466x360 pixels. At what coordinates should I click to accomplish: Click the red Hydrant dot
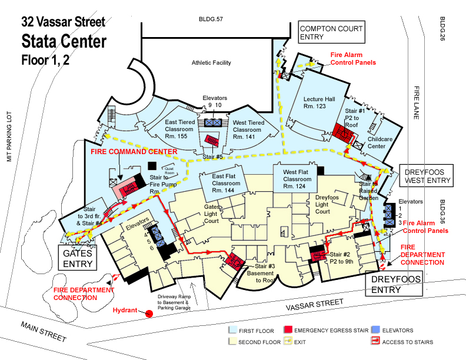(149, 314)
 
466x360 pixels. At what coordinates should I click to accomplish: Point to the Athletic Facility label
(211, 63)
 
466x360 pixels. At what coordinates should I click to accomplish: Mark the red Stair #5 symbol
(211, 141)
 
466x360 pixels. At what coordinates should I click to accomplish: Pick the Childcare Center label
(380, 142)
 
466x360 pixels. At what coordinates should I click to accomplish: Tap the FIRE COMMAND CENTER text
(134, 152)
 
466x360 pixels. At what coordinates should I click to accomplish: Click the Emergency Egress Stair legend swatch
(288, 331)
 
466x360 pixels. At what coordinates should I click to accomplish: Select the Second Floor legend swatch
(232, 342)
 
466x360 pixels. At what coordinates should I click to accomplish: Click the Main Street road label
(45, 334)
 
